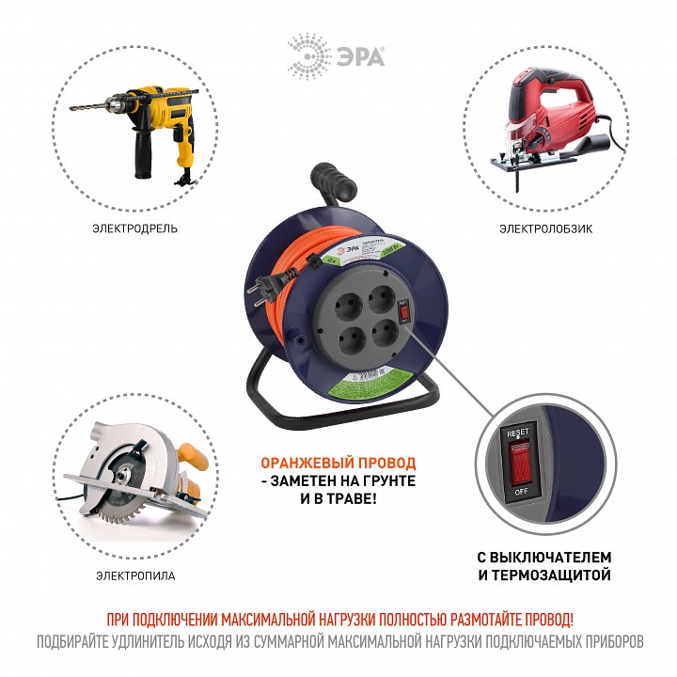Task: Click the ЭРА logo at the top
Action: coord(337,51)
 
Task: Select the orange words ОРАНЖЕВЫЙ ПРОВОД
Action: coord(338,464)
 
